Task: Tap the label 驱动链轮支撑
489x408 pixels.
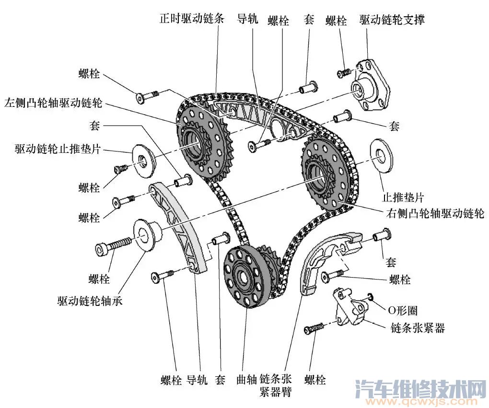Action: tap(392, 20)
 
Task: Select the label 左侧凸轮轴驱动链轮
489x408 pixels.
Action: tap(53, 103)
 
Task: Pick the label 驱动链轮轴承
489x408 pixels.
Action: tap(90, 301)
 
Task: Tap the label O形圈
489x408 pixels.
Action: tap(402, 311)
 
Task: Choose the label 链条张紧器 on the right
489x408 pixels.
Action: tap(418, 328)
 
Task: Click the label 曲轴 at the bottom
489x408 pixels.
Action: tap(247, 380)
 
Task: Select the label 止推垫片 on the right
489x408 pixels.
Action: tap(403, 197)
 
